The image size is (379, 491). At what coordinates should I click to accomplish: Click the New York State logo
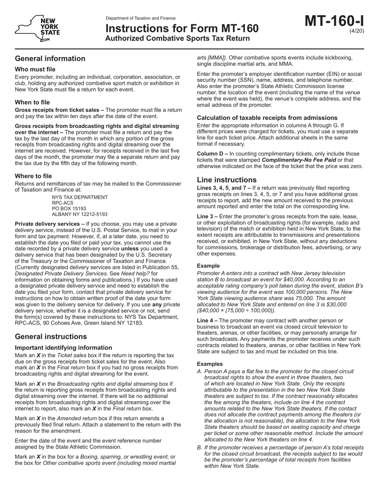38,28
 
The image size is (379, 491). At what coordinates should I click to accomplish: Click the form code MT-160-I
335,21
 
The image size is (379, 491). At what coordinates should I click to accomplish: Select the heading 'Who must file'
35,69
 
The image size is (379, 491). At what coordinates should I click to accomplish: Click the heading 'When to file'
32,102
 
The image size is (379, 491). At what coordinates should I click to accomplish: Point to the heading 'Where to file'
33,176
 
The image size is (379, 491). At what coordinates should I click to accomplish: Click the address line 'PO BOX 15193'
69,208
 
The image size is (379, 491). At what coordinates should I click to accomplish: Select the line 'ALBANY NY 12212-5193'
79,214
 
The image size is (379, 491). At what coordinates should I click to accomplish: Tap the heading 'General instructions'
51,337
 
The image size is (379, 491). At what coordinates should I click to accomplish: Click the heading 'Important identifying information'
63,348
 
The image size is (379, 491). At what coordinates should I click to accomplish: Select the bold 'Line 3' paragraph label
207,216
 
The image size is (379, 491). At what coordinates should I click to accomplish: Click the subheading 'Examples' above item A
210,364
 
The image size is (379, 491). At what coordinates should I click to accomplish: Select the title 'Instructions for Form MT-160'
182,29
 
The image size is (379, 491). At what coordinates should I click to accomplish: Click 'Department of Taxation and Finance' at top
140,18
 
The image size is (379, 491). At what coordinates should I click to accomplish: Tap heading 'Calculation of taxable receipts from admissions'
267,118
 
